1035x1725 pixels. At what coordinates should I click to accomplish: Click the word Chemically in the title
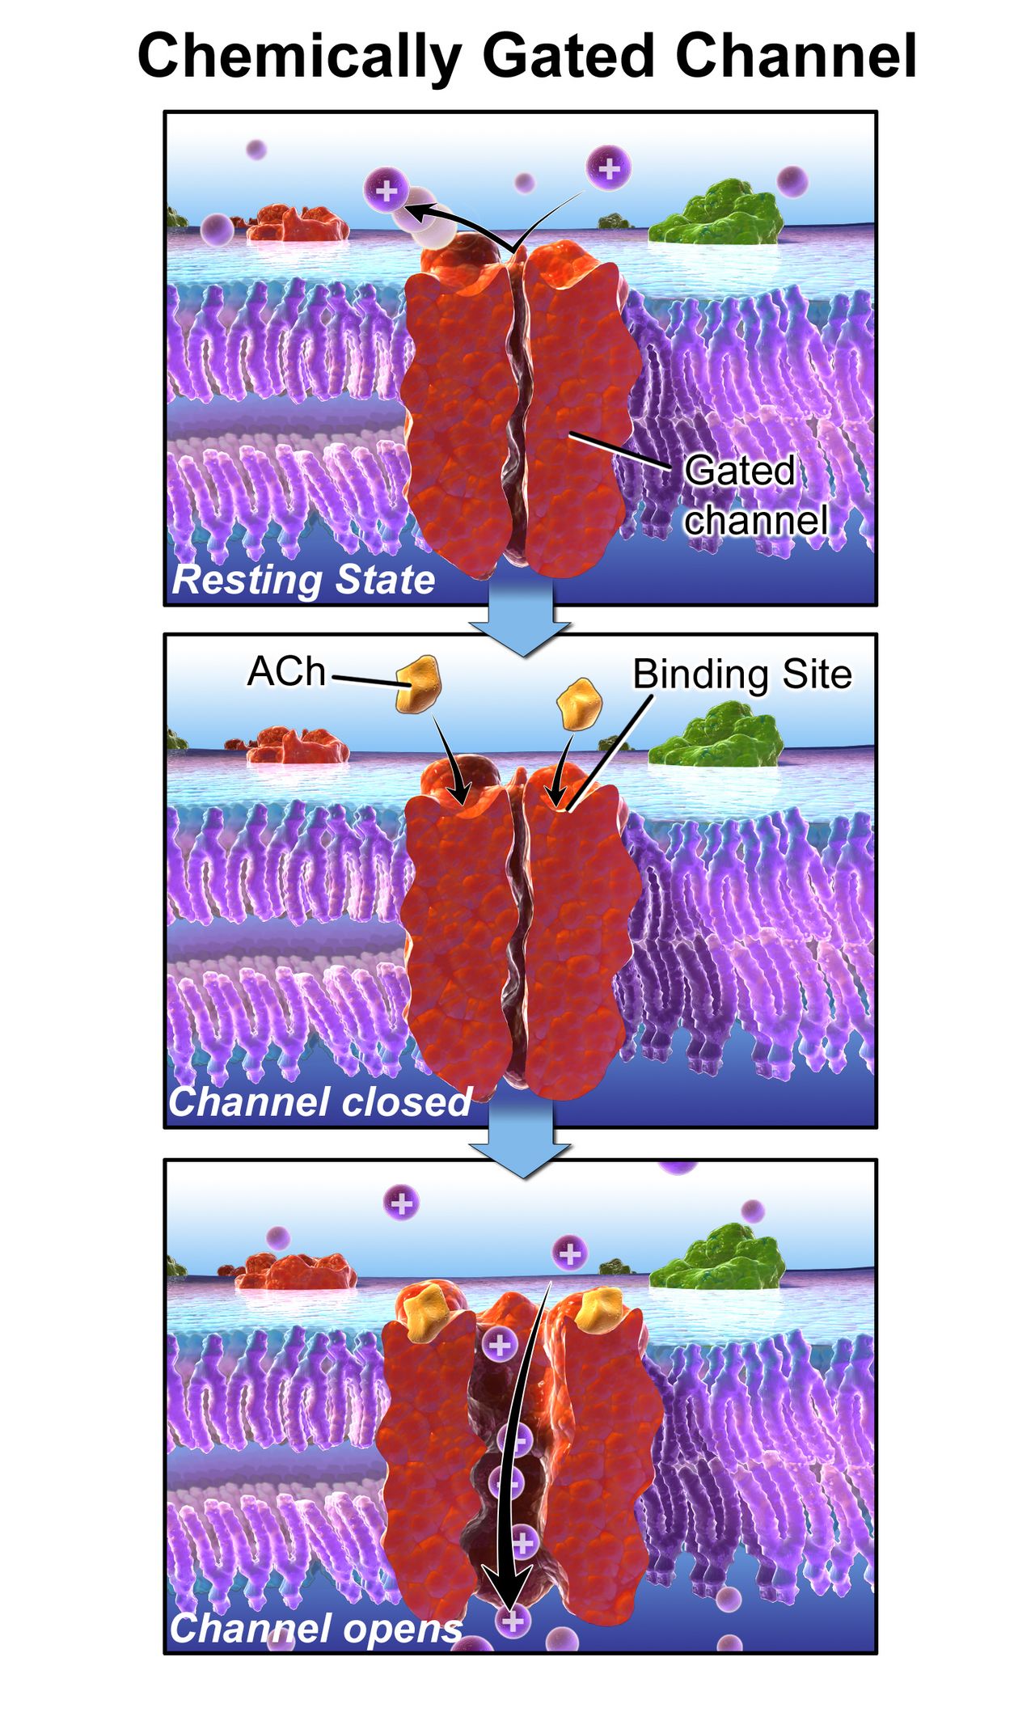pyautogui.click(x=300, y=57)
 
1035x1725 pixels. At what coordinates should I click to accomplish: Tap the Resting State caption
pyautogui.click(x=304, y=580)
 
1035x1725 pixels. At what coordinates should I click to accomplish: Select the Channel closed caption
pyautogui.click(x=320, y=1101)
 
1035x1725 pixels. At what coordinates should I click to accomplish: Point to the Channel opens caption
pyautogui.click(x=315, y=1629)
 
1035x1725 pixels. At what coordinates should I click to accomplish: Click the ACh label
pyautogui.click(x=286, y=671)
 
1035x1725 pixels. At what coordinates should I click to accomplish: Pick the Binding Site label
pyautogui.click(x=742, y=674)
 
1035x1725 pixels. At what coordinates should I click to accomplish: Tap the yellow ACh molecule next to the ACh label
pyautogui.click(x=418, y=684)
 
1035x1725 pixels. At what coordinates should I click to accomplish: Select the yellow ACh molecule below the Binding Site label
pyautogui.click(x=580, y=703)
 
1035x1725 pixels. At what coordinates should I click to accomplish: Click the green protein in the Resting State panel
pyautogui.click(x=716, y=214)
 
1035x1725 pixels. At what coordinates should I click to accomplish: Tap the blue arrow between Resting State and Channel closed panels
pyautogui.click(x=522, y=619)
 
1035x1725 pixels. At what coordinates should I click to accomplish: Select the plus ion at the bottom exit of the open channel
pyautogui.click(x=513, y=1621)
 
